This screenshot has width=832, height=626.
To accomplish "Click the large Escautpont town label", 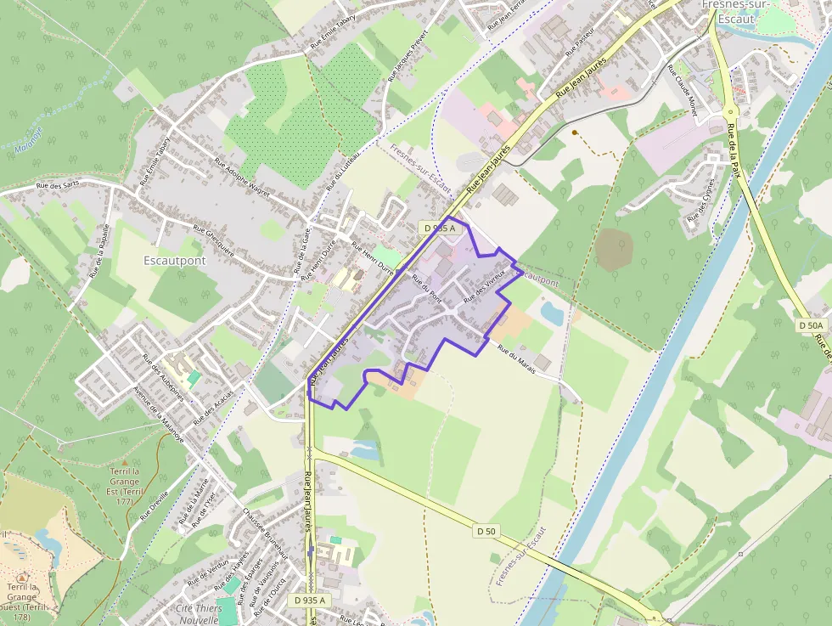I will (x=174, y=261).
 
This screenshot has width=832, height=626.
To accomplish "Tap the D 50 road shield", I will (x=486, y=531).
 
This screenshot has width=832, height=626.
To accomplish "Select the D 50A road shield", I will (x=812, y=325).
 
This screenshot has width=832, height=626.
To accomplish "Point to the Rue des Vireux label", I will (x=485, y=286).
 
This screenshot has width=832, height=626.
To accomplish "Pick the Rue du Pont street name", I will (x=426, y=290).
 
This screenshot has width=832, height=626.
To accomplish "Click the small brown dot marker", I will (x=575, y=132).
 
